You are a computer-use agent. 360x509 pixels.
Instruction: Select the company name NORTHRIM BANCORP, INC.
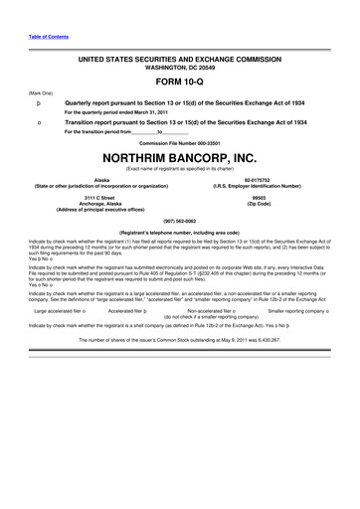pyautogui.click(x=180, y=158)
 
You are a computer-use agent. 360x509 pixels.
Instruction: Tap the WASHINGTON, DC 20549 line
pyautogui.click(x=180, y=69)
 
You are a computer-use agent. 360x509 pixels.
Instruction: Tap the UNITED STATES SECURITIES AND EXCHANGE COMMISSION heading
pyautogui.click(x=180, y=61)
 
